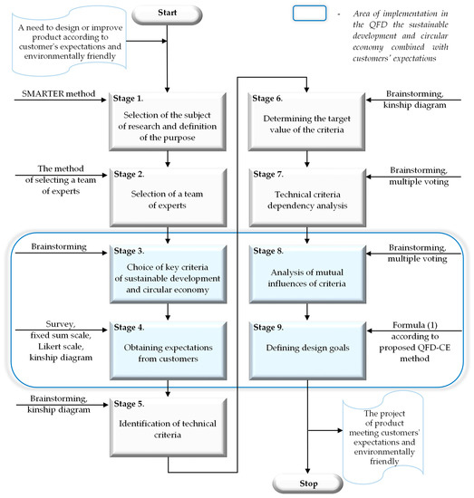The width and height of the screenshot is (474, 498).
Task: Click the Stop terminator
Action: (308, 482)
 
